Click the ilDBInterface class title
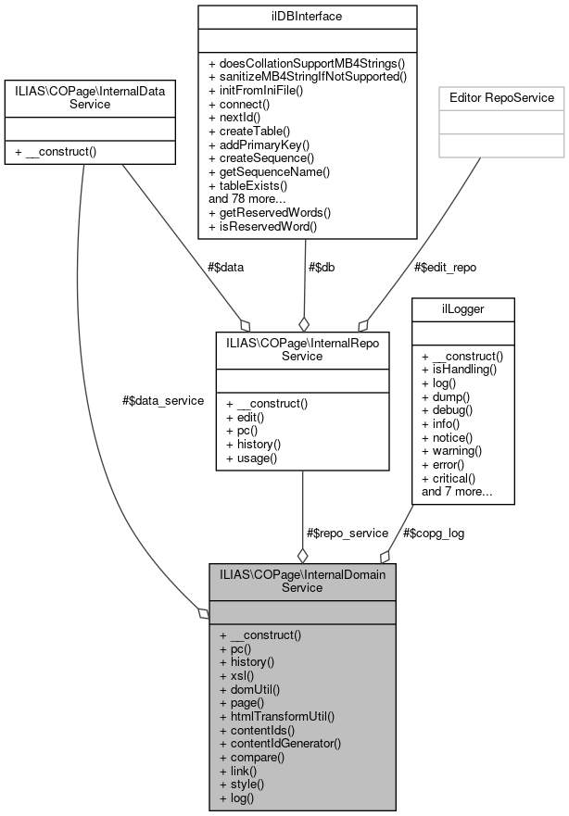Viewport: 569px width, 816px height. [307, 16]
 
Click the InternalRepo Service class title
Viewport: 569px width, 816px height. [302, 347]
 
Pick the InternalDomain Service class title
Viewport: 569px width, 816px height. [302, 580]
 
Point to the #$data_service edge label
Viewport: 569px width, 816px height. [162, 401]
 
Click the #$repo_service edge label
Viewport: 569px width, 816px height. [347, 533]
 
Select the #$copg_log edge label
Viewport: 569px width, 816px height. [434, 533]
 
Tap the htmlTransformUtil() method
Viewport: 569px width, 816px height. [276, 716]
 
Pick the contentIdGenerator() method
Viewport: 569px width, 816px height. [280, 743]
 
